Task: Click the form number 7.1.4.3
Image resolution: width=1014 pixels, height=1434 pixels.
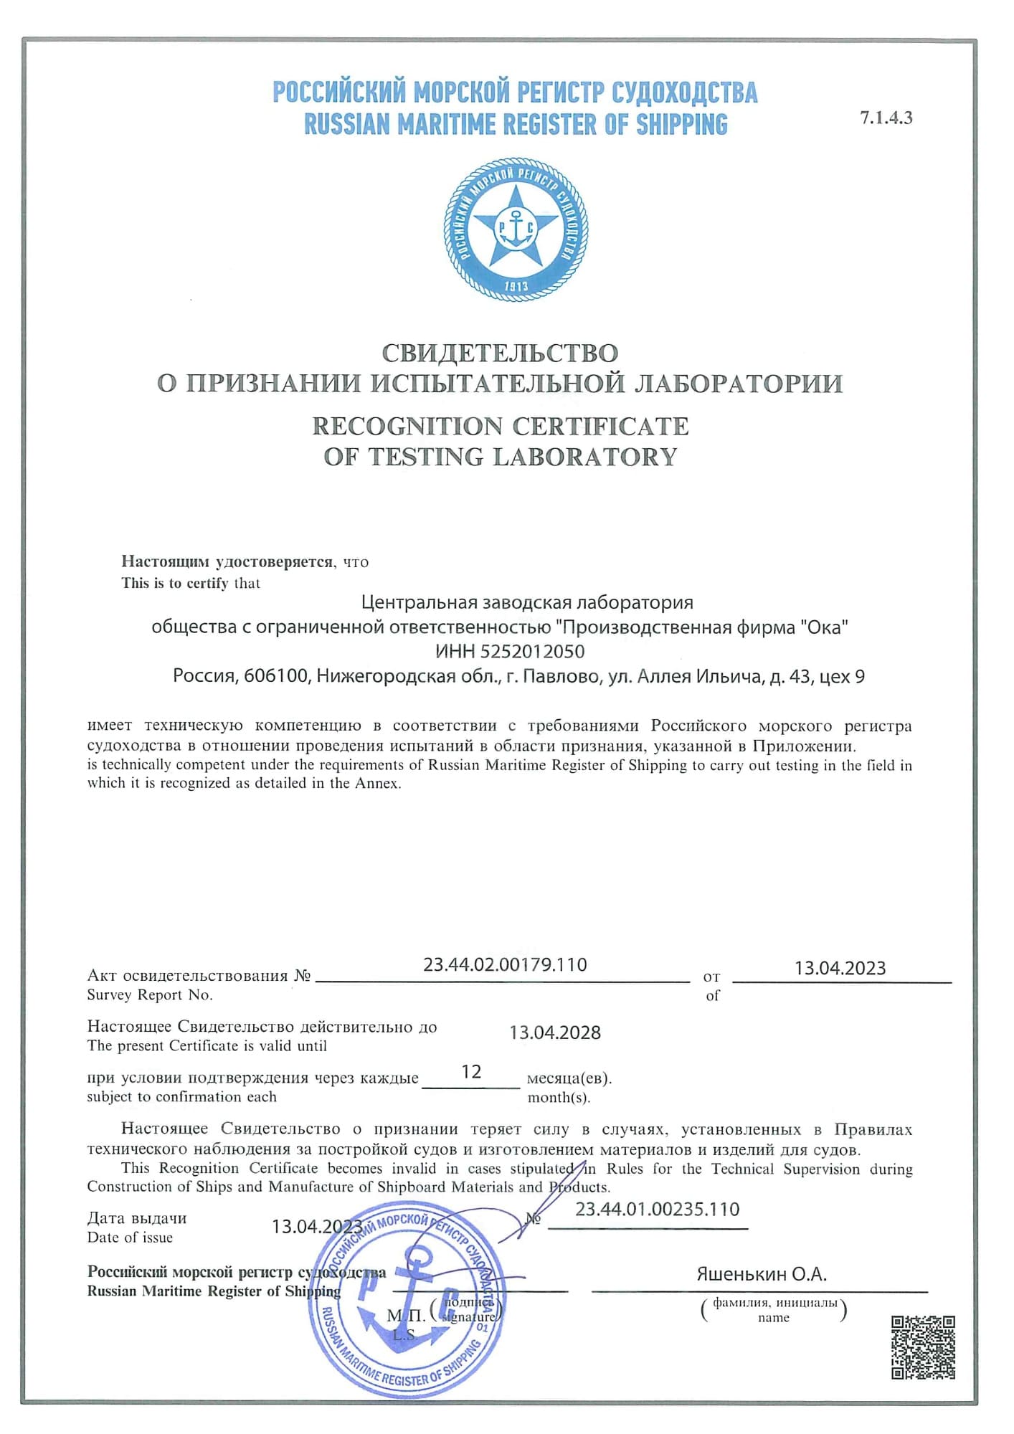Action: [886, 119]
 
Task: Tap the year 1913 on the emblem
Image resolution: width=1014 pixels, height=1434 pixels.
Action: [516, 286]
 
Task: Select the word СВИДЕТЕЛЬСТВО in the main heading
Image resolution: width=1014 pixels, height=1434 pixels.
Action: [499, 353]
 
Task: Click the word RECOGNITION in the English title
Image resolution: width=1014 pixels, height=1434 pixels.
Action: [407, 426]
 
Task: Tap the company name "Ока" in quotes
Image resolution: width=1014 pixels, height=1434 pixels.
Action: [824, 627]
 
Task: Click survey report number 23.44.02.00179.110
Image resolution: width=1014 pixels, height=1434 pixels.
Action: [505, 965]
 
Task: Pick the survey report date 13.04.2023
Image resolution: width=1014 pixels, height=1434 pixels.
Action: [840, 969]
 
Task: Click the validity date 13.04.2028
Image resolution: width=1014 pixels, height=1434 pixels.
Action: [555, 1033]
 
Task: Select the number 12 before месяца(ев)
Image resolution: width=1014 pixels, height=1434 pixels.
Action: [471, 1072]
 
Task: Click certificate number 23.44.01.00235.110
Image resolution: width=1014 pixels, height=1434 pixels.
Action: [657, 1210]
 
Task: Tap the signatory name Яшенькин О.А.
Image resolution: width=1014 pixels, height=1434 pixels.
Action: [762, 1274]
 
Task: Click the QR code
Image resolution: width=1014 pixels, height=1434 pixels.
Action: [922, 1347]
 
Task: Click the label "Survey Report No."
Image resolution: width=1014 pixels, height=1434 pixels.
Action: [150, 995]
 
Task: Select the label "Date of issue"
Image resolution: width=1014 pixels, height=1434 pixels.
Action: [130, 1238]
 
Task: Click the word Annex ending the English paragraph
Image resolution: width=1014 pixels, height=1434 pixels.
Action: [377, 784]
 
